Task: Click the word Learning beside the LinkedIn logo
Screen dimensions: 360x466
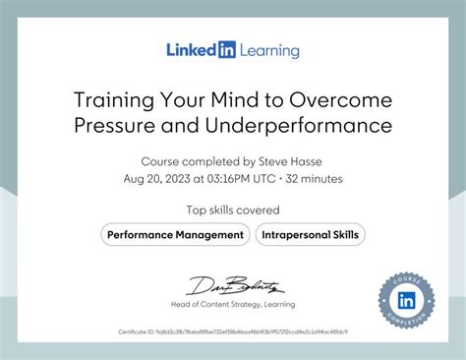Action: coord(266,50)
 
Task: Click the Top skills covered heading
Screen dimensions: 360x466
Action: coord(233,210)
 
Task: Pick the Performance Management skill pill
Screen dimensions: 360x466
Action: coord(175,235)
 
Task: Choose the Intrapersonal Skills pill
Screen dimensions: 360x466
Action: coord(311,235)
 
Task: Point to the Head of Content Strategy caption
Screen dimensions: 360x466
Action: coord(232,305)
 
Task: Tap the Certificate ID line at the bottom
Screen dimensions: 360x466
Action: coord(233,332)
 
